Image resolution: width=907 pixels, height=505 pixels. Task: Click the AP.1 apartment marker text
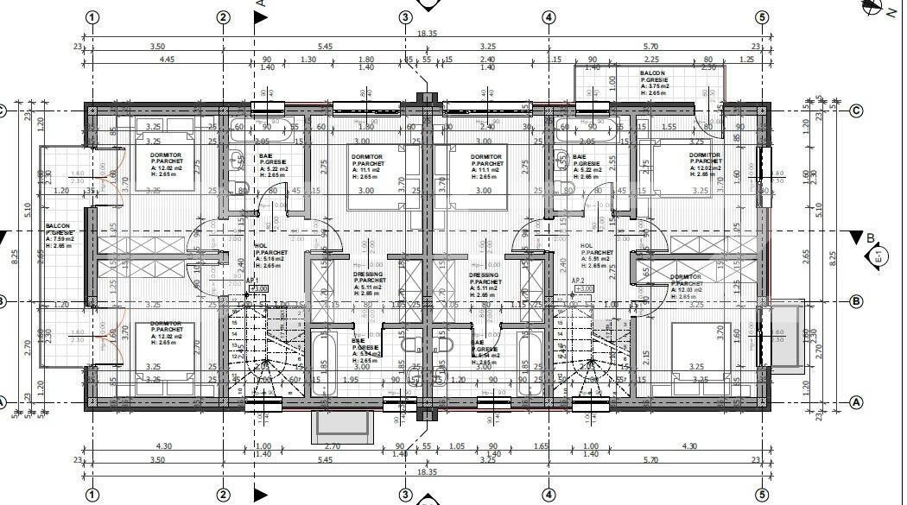251,281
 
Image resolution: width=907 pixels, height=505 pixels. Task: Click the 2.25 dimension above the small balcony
708,66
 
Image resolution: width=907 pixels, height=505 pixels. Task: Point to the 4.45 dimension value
168,59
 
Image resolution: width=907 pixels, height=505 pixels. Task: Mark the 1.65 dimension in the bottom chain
542,445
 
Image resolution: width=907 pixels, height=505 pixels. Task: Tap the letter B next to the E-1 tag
871,237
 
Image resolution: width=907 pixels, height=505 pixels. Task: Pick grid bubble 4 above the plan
548,16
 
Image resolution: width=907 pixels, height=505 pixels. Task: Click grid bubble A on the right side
857,401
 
